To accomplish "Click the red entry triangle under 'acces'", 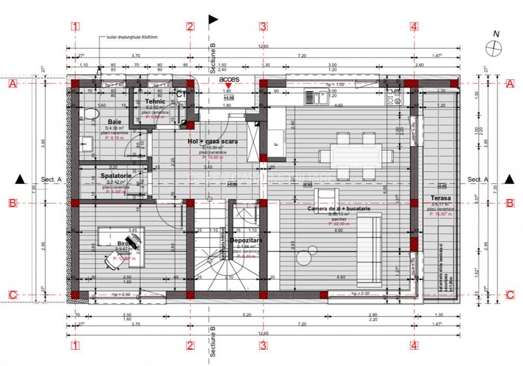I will pos(228,86).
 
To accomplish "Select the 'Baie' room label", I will pos(114,122).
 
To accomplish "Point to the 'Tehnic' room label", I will pos(155,101).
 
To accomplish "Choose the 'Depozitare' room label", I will pos(248,241).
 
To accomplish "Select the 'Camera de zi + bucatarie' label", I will pos(339,209).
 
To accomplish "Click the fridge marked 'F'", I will pos(276,144).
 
